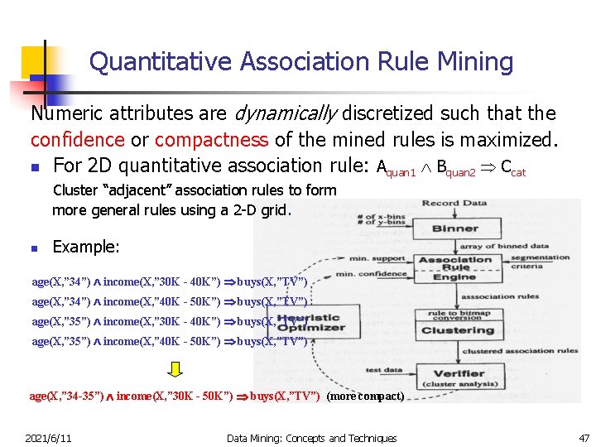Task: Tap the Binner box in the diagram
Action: click(454, 229)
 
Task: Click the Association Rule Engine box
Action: click(455, 268)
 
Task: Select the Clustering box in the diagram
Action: click(457, 329)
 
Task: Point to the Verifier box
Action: click(459, 373)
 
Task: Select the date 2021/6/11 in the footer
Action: click(48, 438)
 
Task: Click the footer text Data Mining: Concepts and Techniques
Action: click(311, 438)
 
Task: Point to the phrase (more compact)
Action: click(366, 396)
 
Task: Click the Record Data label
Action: click(454, 203)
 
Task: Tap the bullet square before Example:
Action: click(34, 248)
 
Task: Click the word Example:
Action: click(86, 247)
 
